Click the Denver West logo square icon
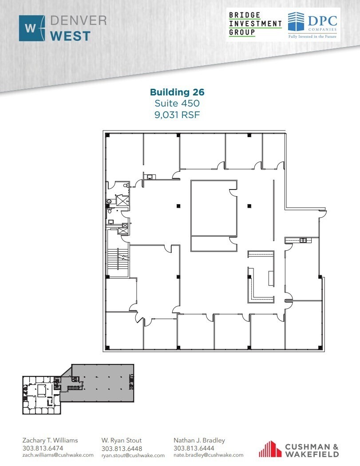32,28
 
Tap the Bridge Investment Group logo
255,24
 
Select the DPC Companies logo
312,24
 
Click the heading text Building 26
177,92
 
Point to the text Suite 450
177,103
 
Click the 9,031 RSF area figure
177,115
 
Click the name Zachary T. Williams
50,440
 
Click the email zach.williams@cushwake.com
58,455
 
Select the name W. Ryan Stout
122,440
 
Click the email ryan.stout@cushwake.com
133,455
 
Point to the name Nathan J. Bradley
199,440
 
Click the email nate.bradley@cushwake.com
208,455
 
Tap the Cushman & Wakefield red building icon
268,449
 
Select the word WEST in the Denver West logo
71,36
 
